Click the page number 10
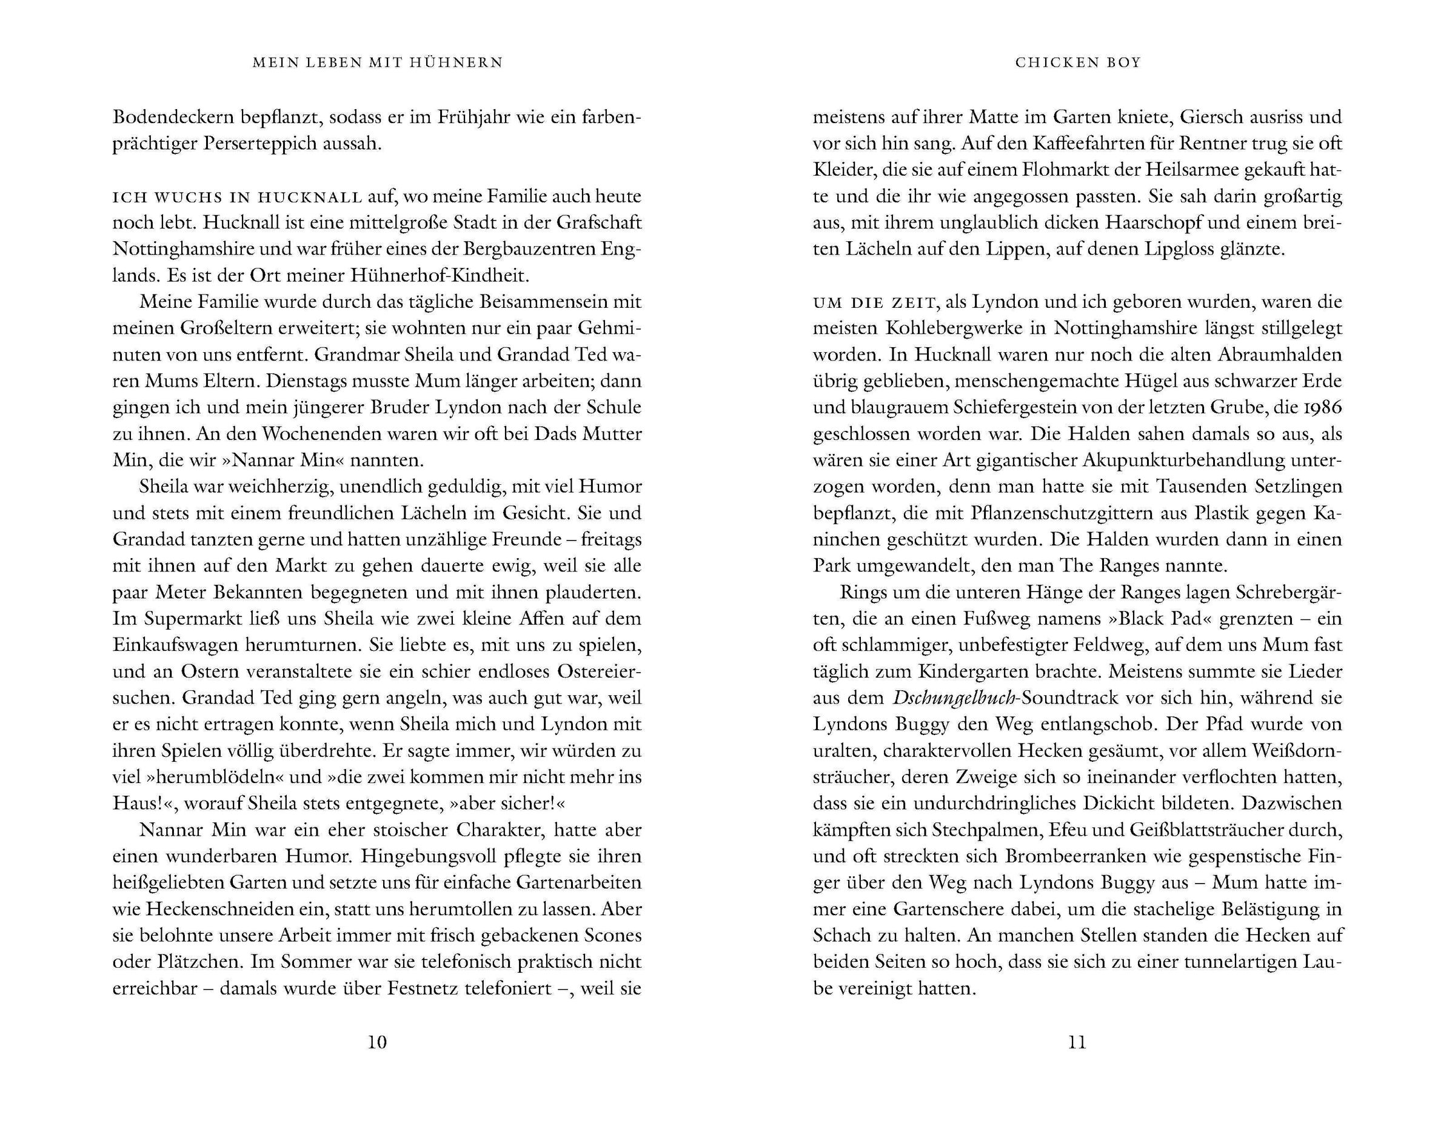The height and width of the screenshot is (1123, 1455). click(377, 1042)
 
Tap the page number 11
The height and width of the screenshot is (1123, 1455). click(1077, 1042)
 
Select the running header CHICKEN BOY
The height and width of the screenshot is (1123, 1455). click(1078, 62)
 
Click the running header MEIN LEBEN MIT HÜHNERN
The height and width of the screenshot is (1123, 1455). click(378, 62)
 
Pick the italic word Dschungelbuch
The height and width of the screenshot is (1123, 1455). click(954, 698)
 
